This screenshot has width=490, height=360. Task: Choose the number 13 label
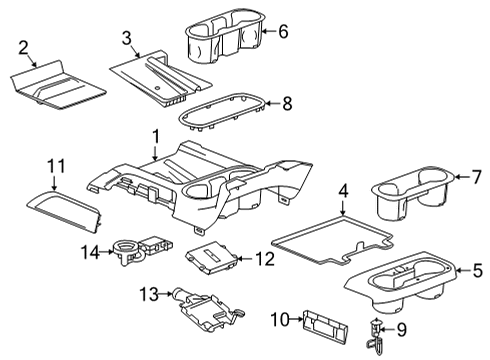pos(146,294)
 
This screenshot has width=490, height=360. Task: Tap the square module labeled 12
pos(212,260)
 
